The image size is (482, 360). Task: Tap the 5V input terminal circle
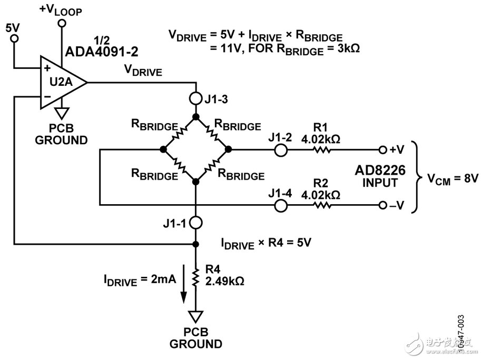coord(15,38)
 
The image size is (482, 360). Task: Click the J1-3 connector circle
coord(195,98)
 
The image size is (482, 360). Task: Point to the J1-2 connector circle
coord(280,150)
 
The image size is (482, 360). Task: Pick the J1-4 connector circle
coord(280,205)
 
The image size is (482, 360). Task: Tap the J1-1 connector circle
coord(195,222)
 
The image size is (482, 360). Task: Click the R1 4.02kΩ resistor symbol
coord(322,150)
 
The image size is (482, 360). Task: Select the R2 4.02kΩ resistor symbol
coord(322,205)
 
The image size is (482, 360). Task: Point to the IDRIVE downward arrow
coord(184,289)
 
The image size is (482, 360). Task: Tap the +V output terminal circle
coord(382,150)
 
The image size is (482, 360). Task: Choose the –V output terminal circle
coord(382,205)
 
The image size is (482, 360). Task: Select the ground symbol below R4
coord(195,316)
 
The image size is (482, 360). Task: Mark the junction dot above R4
coord(195,244)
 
